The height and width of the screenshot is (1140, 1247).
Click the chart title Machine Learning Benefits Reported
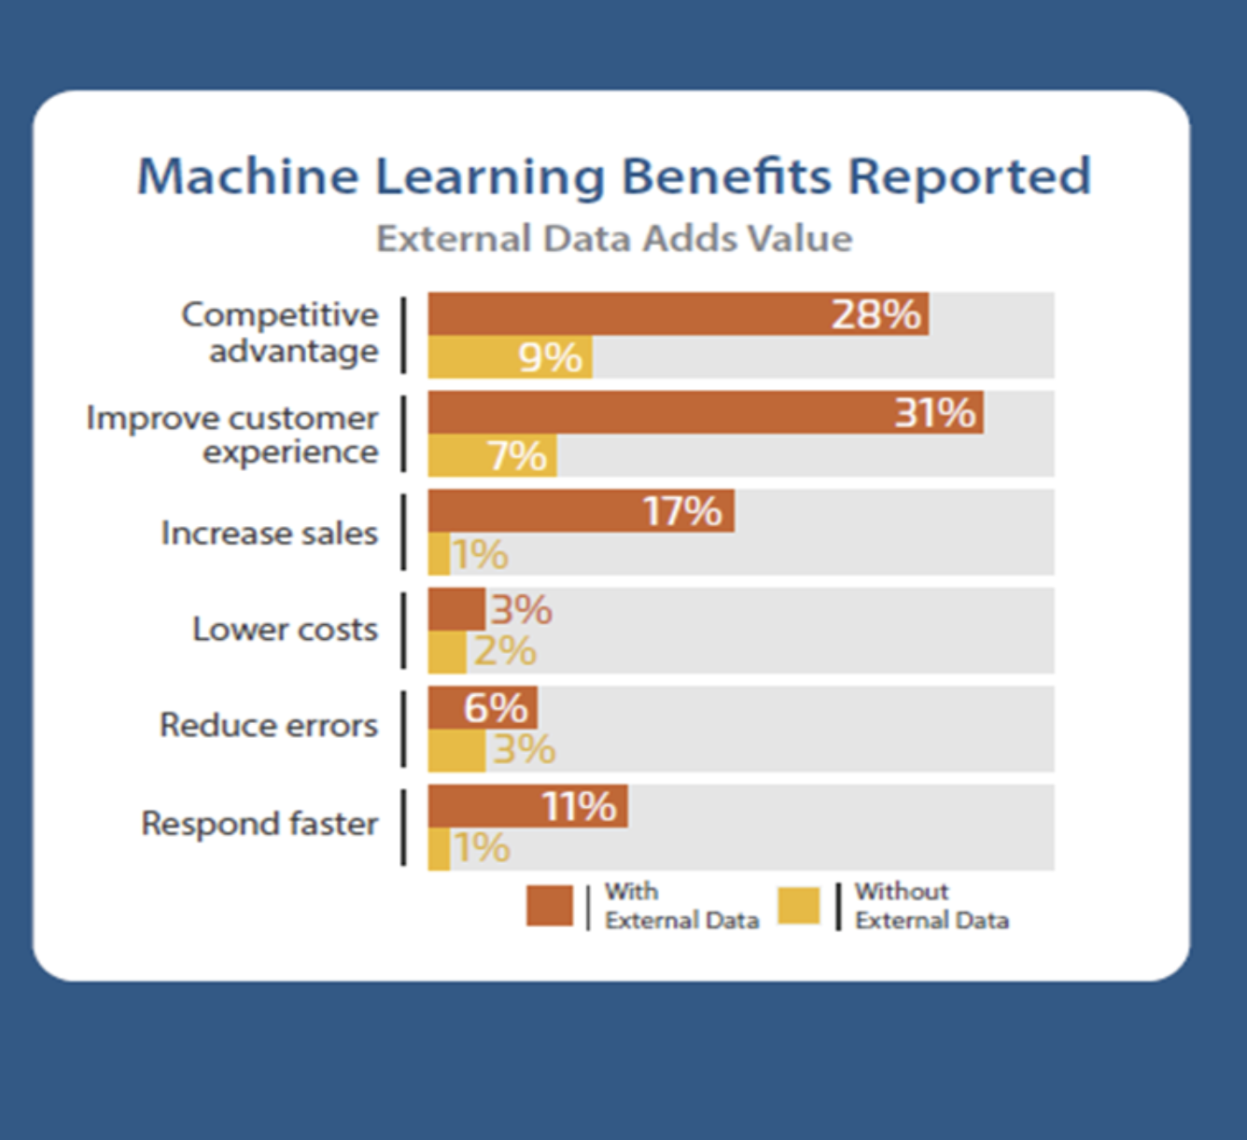click(x=614, y=176)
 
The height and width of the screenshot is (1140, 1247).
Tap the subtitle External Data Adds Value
click(x=614, y=239)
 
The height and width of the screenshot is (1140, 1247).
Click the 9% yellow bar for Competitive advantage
click(x=510, y=357)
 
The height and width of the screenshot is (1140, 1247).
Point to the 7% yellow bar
click(x=492, y=456)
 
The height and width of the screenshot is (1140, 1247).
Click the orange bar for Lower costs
click(x=456, y=609)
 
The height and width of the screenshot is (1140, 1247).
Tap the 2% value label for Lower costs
click(x=505, y=651)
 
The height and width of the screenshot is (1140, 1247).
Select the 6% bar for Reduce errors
click(x=483, y=708)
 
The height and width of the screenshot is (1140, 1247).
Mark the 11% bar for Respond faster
click(x=527, y=806)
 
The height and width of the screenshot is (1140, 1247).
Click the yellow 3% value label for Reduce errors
click(x=524, y=750)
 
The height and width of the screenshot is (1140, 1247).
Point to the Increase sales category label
click(x=270, y=533)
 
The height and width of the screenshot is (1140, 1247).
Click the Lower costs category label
click(x=285, y=630)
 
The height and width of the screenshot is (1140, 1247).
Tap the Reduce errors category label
click(x=269, y=725)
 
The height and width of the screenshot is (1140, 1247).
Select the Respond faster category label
click(x=259, y=824)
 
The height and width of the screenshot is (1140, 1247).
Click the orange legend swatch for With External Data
click(x=550, y=906)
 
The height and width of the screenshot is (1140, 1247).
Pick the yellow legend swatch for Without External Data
click(x=799, y=906)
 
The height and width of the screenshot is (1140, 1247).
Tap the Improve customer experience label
click(x=233, y=435)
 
